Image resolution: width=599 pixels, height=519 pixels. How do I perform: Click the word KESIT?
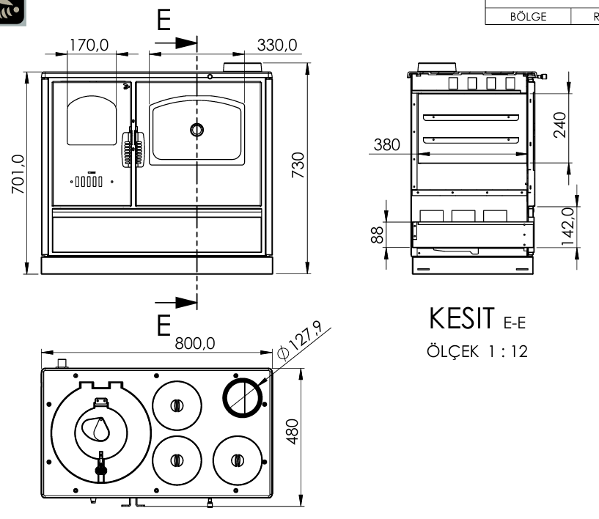click(463, 320)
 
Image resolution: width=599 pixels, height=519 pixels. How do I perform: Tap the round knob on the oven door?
click(196, 130)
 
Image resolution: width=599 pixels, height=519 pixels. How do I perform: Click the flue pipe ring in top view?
click(243, 397)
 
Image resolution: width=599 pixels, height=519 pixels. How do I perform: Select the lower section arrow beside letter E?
click(176, 301)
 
